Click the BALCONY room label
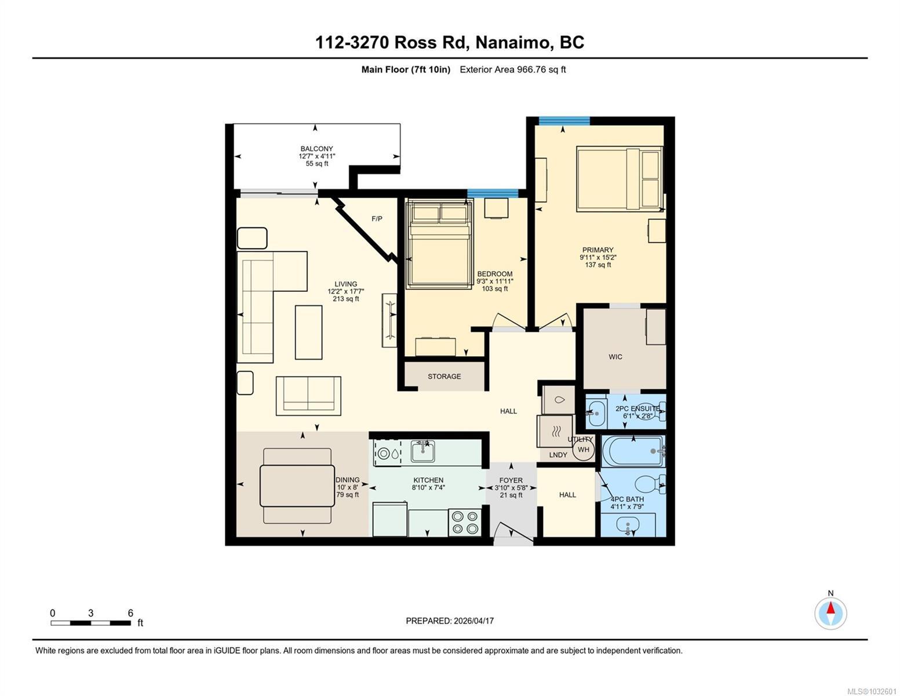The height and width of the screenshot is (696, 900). (x=316, y=149)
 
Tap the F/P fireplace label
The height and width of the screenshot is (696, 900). (x=377, y=219)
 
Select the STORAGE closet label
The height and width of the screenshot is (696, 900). (x=444, y=376)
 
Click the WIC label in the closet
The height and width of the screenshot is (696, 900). (x=615, y=357)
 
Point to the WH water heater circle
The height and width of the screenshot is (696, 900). (x=583, y=449)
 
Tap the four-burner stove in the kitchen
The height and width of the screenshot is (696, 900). (x=465, y=522)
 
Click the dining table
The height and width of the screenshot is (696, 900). (x=297, y=486)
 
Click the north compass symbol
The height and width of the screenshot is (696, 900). (x=830, y=613)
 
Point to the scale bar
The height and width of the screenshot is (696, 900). (x=90, y=623)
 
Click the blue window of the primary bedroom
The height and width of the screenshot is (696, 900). (x=564, y=121)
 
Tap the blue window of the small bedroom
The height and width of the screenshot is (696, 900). (x=493, y=193)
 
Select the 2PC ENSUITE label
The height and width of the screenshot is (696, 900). (x=637, y=408)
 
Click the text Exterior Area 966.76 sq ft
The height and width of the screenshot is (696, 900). (x=512, y=70)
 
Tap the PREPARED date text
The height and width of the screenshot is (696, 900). (x=450, y=621)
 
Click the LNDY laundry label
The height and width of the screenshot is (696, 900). (x=558, y=455)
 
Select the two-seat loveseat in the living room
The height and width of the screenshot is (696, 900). (x=308, y=395)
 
